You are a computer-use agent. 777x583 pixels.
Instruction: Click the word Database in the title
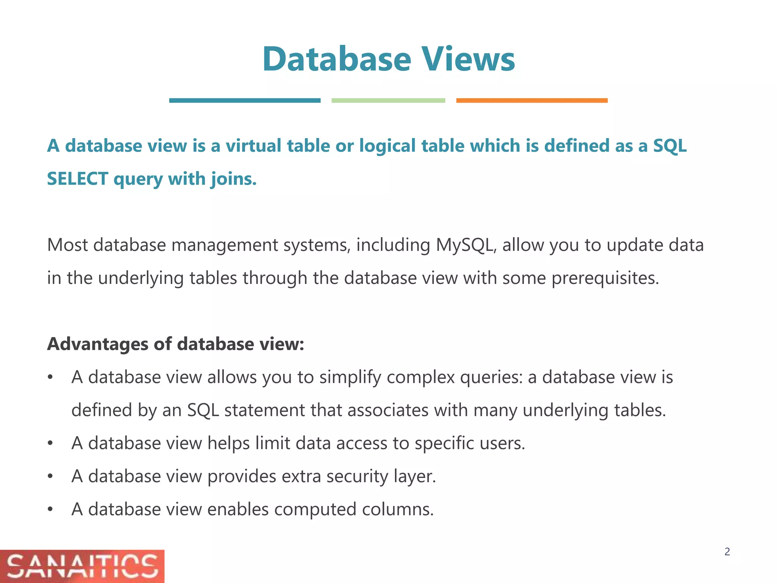tap(337, 59)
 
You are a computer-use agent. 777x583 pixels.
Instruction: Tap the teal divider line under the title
tap(245, 101)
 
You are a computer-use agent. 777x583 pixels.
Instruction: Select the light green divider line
tap(388, 101)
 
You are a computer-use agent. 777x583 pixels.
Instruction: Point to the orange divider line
tap(532, 101)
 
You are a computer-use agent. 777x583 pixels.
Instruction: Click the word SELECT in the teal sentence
tap(78, 179)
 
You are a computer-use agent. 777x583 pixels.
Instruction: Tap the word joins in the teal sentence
tap(233, 179)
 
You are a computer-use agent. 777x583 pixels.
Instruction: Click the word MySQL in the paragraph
tap(466, 245)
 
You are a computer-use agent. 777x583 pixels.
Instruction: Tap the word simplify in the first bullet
tap(350, 377)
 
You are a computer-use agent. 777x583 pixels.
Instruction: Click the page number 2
tap(727, 552)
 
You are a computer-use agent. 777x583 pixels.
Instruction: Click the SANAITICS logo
tap(82, 566)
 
